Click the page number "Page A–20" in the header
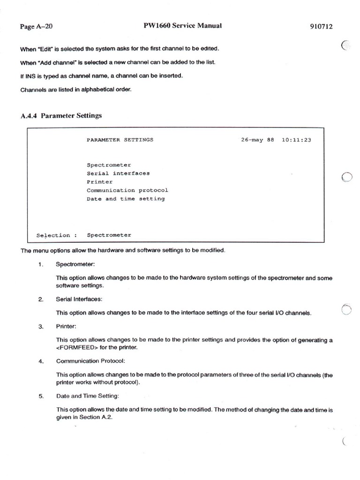pyautogui.click(x=36, y=27)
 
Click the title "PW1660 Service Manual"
pyautogui.click(x=182, y=26)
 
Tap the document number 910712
pyautogui.click(x=321, y=27)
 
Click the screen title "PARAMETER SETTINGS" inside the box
pyautogui.click(x=120, y=140)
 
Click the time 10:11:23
pyautogui.click(x=296, y=140)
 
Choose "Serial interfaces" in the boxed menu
pyautogui.click(x=118, y=173)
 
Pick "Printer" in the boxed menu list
pyautogui.click(x=99, y=182)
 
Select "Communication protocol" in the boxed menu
pyautogui.click(x=127, y=190)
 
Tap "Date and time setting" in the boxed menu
pyautogui.click(x=126, y=199)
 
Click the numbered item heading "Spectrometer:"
pyautogui.click(x=75, y=264)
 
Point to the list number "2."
pyautogui.click(x=41, y=299)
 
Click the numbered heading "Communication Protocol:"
pyautogui.click(x=90, y=361)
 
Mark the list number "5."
pyautogui.click(x=41, y=396)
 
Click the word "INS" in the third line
pyautogui.click(x=31, y=75)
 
